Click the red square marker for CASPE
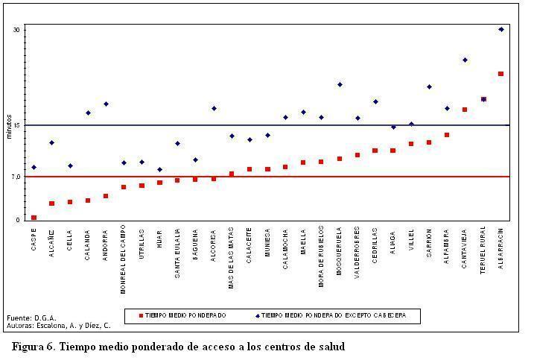(x=34, y=218)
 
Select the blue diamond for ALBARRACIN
(x=501, y=30)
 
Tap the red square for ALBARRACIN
(x=500, y=74)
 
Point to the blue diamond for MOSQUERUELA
(x=340, y=85)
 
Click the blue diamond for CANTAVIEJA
(x=465, y=60)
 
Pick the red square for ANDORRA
(x=106, y=196)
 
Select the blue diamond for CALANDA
(x=88, y=113)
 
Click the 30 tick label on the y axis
(x=16, y=30)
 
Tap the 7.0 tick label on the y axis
(x=16, y=177)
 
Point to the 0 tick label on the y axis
(x=19, y=220)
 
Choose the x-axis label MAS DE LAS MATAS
(x=232, y=250)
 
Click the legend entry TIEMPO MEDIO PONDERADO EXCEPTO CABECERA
(x=333, y=316)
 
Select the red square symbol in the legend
(x=140, y=316)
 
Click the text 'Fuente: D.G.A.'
(x=31, y=318)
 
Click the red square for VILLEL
(x=411, y=144)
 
